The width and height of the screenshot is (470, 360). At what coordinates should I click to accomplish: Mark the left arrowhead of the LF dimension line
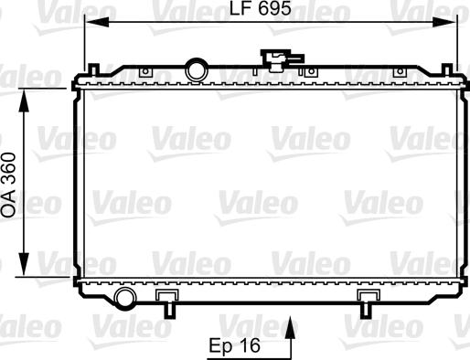click(90, 25)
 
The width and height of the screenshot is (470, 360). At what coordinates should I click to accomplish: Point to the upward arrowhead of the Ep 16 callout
click(291, 323)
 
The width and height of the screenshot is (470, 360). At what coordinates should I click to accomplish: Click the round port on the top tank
click(195, 69)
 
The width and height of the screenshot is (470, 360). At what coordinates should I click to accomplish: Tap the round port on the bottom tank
click(125, 297)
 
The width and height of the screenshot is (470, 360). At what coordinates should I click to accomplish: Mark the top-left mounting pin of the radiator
click(94, 69)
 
